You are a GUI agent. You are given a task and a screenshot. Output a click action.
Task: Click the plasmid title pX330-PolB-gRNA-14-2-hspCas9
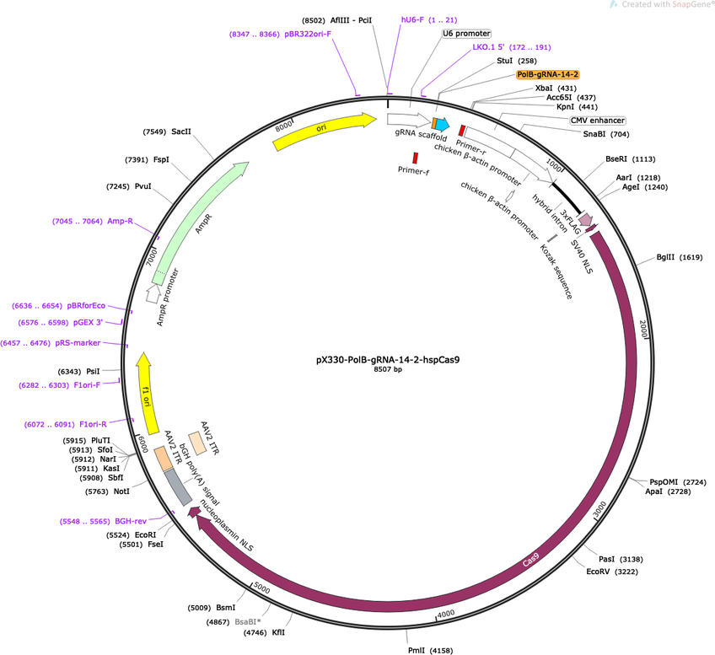tap(388, 360)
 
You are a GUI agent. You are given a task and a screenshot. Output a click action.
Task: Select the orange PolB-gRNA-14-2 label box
tap(548, 74)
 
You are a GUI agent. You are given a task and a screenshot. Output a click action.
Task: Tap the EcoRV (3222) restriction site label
tap(612, 572)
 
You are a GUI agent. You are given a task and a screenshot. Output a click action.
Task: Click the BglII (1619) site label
tap(680, 257)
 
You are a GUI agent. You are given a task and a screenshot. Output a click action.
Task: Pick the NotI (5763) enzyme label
tap(108, 491)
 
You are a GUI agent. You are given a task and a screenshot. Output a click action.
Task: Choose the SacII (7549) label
tap(167, 132)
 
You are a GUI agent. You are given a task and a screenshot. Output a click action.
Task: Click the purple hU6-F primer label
tap(429, 19)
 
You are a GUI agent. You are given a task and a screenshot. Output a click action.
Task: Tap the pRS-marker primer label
tap(51, 343)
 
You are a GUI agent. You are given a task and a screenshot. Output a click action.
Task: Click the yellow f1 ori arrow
tap(148, 393)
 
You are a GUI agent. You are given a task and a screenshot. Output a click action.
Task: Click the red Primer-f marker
tap(416, 158)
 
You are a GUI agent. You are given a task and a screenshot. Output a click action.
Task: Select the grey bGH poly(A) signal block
tap(178, 487)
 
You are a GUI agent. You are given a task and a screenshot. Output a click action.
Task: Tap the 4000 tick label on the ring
tap(445, 614)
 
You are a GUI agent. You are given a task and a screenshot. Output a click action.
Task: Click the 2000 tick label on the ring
tap(643, 329)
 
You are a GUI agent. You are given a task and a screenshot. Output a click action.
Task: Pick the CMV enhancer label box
tap(597, 121)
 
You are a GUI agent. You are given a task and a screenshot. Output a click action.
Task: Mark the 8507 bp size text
tap(388, 369)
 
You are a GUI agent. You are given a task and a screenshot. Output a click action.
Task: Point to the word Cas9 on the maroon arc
tap(531, 560)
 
